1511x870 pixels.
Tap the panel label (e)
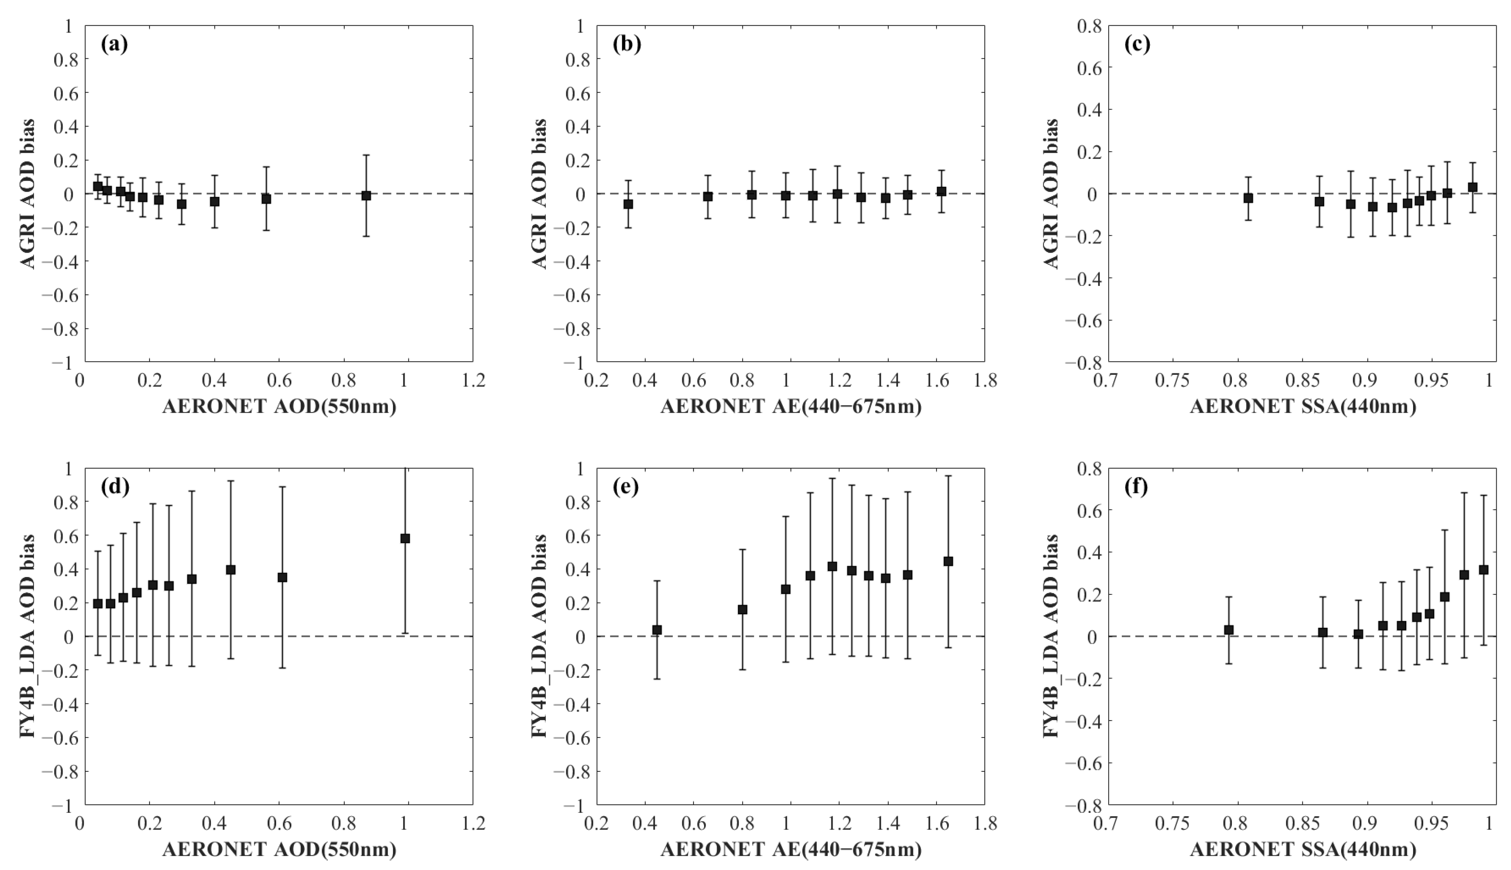(626, 487)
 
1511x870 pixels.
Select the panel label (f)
(1137, 487)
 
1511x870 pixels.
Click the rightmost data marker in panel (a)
(366, 195)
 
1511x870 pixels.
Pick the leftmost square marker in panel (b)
(628, 204)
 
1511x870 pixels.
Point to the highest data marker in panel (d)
(405, 538)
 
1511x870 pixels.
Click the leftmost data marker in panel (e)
(657, 630)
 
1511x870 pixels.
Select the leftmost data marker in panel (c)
(1248, 198)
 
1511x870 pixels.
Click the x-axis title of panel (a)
(279, 407)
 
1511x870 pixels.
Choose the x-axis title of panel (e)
(790, 849)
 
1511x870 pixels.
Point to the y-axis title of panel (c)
(1051, 194)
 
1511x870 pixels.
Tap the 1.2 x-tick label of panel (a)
(473, 381)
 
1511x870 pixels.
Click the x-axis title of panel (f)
(1302, 849)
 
